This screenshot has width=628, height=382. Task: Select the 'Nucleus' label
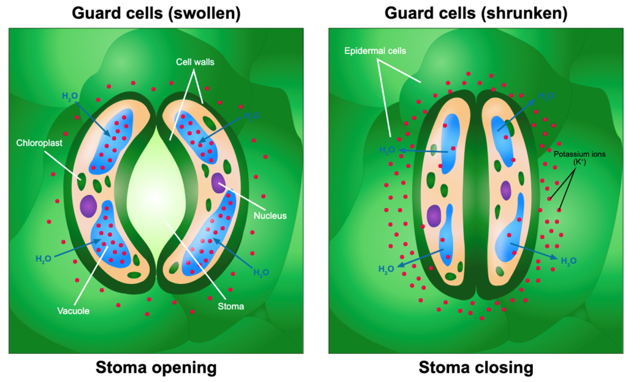[x=270, y=215]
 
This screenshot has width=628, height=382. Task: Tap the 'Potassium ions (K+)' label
[x=580, y=158]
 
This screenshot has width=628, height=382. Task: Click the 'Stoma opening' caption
[x=156, y=368]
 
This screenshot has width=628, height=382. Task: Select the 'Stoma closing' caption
[x=476, y=368]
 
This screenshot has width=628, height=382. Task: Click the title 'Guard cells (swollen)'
[x=156, y=13]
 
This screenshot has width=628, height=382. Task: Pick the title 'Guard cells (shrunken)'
[x=475, y=13]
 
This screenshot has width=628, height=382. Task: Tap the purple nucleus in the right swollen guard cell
[x=219, y=182]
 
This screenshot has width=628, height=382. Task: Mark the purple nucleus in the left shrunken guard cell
[x=435, y=216]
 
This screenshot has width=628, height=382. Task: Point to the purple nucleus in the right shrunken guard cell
[x=505, y=191]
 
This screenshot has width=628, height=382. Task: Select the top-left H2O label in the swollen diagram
[x=70, y=96]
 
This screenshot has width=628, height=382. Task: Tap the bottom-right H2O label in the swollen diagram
[x=261, y=272]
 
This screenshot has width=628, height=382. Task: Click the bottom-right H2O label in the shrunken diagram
[x=569, y=261]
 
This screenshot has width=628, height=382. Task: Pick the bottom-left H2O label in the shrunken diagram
[x=386, y=269]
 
